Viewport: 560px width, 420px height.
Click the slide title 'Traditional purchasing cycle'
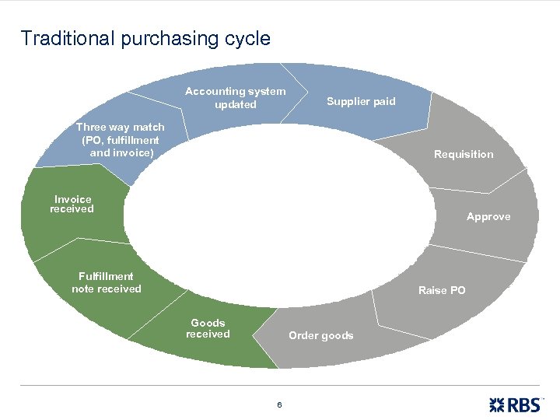click(145, 38)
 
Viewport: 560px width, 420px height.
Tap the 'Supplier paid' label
click(361, 101)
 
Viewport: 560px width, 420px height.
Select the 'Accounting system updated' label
click(235, 98)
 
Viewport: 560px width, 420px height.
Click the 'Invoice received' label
click(72, 204)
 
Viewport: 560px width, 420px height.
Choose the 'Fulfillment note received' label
click(107, 282)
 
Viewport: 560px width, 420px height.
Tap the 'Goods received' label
click(208, 328)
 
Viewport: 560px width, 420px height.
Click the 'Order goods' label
click(320, 335)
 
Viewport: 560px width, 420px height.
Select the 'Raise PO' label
click(442, 290)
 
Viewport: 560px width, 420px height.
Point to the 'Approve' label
click(488, 216)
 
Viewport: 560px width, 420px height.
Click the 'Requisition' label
click(464, 154)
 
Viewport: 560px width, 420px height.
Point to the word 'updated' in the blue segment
click(235, 105)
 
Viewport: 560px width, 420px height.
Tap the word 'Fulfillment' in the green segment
click(106, 276)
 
